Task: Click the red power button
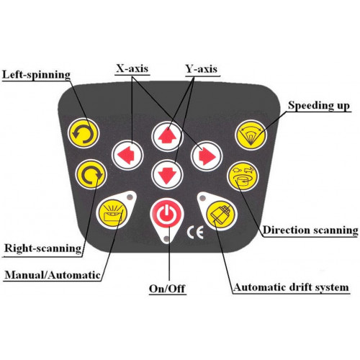coord(167,213)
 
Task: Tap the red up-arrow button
coord(167,137)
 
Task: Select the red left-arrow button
coord(127,155)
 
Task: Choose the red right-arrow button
coord(207,156)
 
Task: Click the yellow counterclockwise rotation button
coord(83,133)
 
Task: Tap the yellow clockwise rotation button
coord(91,174)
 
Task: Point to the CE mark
coord(195,233)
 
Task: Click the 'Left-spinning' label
coord(36,75)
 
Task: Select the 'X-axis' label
coord(132,68)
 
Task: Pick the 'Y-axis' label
coord(202,69)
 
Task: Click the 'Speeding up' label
coord(319,106)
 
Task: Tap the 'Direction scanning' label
coord(310,230)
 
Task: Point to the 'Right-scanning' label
coord(43,248)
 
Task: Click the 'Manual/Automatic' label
coord(53,275)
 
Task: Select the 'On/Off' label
coord(167,289)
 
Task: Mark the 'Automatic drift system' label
coord(291,287)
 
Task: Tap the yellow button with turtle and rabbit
coord(243,176)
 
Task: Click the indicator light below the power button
coord(166,238)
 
